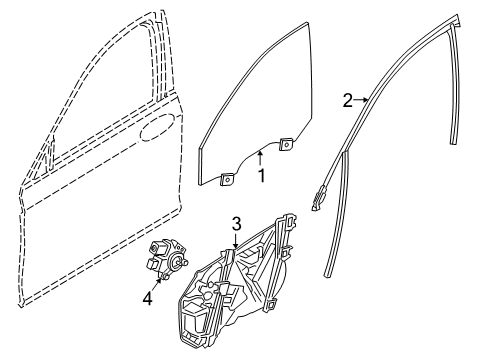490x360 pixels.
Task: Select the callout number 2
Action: [348, 100]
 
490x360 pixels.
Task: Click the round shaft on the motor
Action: [177, 262]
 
